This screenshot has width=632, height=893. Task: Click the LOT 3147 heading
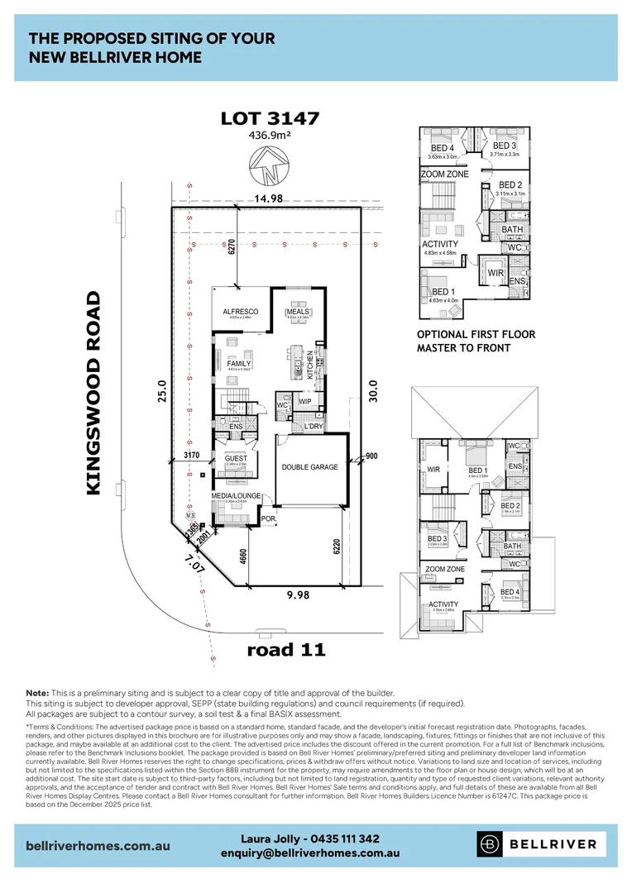click(x=270, y=119)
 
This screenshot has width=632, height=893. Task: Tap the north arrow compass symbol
click(x=270, y=168)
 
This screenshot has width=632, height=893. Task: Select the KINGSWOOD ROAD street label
click(x=93, y=393)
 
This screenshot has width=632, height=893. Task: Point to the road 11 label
click(x=286, y=649)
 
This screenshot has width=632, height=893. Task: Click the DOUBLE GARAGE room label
click(x=309, y=467)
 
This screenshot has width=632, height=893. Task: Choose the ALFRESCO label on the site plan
click(x=241, y=312)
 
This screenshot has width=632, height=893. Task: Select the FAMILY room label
click(x=239, y=363)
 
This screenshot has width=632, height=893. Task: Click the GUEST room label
click(x=236, y=457)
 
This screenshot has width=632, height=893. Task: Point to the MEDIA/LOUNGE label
click(x=236, y=496)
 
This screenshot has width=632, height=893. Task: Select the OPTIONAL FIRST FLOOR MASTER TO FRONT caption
click(x=476, y=341)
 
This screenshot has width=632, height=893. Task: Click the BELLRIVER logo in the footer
click(x=543, y=844)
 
